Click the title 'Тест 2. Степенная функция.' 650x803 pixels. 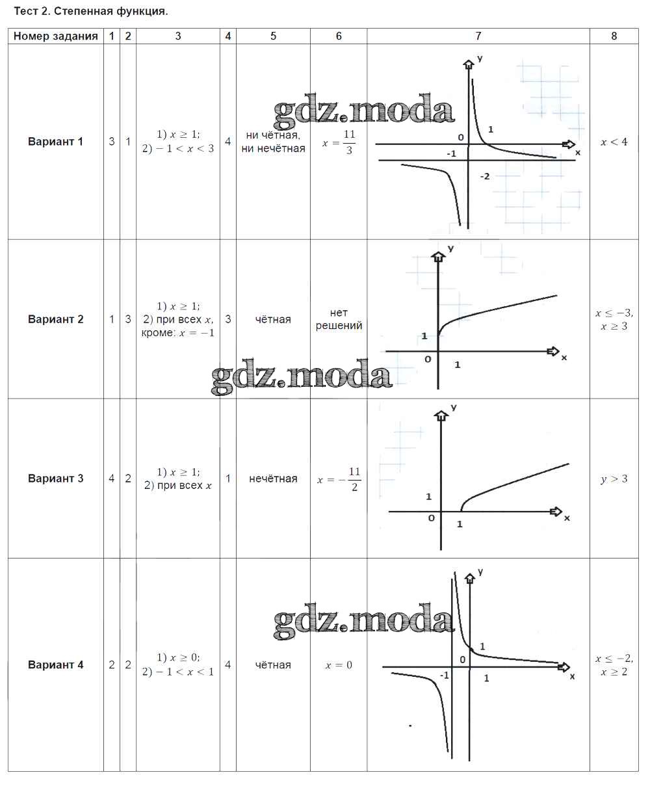[x=91, y=11]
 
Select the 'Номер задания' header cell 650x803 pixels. [x=56, y=36]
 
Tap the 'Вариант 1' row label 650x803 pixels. [x=56, y=142]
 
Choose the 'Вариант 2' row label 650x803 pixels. [x=56, y=319]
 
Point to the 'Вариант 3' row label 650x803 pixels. [x=56, y=479]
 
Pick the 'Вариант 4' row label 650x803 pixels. [x=56, y=665]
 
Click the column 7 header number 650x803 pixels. [x=478, y=36]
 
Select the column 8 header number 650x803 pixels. [x=614, y=36]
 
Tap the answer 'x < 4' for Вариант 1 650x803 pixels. [x=614, y=142]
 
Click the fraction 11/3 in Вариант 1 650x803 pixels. [x=349, y=142]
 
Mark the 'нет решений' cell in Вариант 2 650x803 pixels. [x=339, y=319]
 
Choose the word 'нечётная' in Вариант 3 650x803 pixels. [x=273, y=479]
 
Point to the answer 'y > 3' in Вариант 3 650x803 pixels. [x=614, y=479]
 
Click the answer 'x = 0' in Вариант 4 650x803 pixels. [x=339, y=665]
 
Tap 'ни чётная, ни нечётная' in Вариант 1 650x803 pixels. [x=273, y=142]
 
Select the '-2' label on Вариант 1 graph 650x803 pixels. [x=485, y=176]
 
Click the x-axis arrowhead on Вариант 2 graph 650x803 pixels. [x=553, y=351]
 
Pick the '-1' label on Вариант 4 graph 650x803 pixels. [x=445, y=676]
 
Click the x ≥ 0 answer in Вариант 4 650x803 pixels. [x=179, y=657]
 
